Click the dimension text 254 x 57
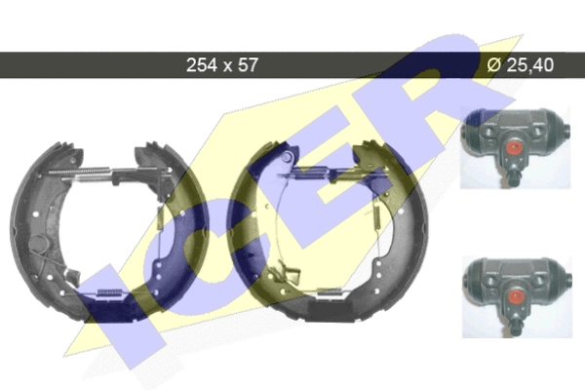coord(221,65)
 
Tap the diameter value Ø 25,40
coord(521,65)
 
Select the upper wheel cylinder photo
coord(515,147)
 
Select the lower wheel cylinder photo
coord(517,297)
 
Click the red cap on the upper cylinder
coord(514,147)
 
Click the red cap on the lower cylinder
coord(515,297)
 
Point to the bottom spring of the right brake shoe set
coord(331,292)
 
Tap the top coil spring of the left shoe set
coord(87,173)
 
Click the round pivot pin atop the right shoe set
coord(286,157)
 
